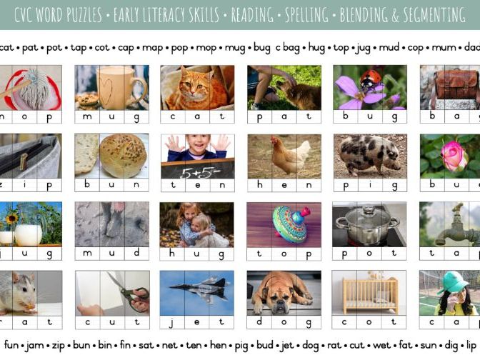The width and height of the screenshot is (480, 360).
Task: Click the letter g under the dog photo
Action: click(309, 322)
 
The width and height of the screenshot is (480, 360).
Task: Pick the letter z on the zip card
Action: click(3, 185)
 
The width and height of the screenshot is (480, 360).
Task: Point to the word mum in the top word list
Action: click(441, 48)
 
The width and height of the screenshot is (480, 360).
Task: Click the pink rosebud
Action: click(454, 154)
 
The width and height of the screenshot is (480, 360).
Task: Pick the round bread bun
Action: click(122, 154)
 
